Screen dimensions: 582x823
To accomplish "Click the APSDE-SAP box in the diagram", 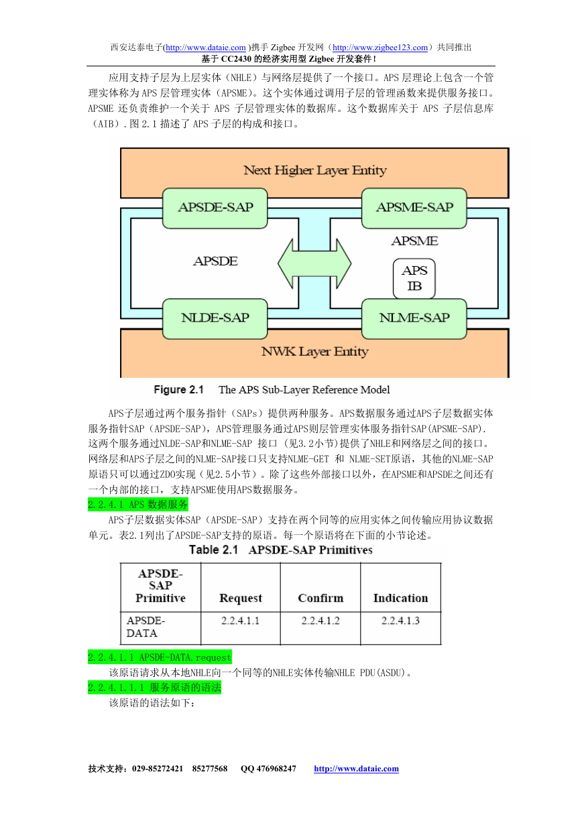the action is click(x=215, y=208).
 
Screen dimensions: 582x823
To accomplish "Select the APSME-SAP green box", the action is click(x=414, y=208).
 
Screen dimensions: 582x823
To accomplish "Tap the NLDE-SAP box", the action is click(x=215, y=318).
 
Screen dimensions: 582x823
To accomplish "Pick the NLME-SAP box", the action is click(x=414, y=318).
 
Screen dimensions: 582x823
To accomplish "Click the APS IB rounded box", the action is click(x=414, y=278).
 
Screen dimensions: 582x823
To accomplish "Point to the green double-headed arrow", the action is click(x=314, y=263).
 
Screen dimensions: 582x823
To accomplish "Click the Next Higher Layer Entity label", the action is click(x=314, y=170).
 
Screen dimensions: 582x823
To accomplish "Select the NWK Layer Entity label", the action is click(x=314, y=352).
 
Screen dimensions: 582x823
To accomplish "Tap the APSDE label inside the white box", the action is click(x=215, y=261).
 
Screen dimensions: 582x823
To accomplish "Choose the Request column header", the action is click(x=241, y=598).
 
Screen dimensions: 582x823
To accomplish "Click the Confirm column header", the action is click(x=321, y=598).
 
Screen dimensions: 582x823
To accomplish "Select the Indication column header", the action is click(x=400, y=598).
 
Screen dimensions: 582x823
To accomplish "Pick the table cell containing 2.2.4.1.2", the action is click(x=321, y=628).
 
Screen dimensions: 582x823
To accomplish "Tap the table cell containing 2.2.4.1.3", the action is click(x=400, y=628).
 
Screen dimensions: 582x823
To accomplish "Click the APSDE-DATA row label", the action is click(x=145, y=627).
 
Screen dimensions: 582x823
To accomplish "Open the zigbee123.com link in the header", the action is click(x=380, y=48).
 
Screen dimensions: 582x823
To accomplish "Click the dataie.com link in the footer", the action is click(x=356, y=769).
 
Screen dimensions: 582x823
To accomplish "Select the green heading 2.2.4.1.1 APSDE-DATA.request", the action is click(x=160, y=657).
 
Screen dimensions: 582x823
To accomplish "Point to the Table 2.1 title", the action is click(x=280, y=550).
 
